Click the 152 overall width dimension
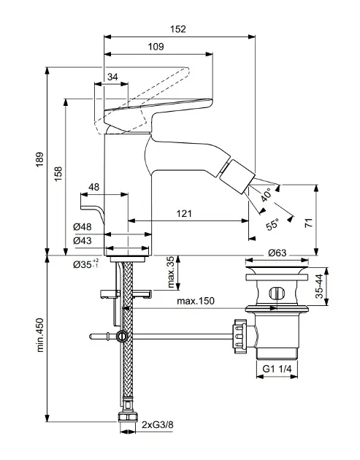pyautogui.click(x=178, y=29)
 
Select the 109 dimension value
pyautogui.click(x=156, y=47)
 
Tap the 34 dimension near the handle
pyautogui.click(x=112, y=77)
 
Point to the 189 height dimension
pyautogui.click(x=39, y=159)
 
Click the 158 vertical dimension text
pyautogui.click(x=58, y=174)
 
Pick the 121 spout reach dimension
pyautogui.click(x=184, y=213)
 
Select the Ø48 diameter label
pyautogui.click(x=83, y=227)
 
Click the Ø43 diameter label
pyautogui.click(x=83, y=240)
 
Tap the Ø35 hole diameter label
pyautogui.click(x=86, y=264)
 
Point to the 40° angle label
pyautogui.click(x=267, y=195)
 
